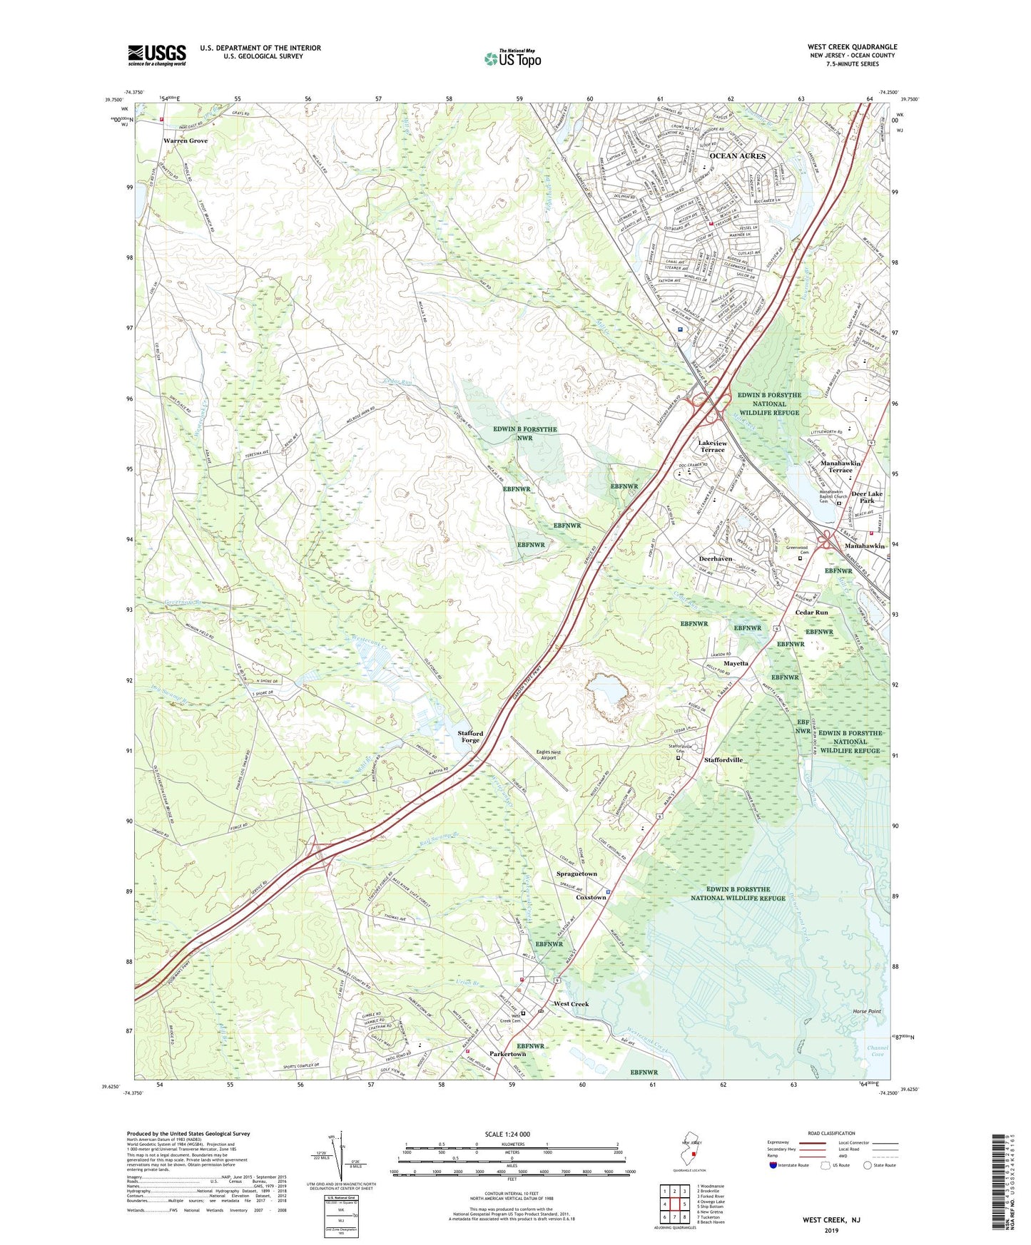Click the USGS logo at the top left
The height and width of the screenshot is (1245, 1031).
(x=157, y=55)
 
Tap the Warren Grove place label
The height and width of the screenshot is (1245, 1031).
(x=186, y=141)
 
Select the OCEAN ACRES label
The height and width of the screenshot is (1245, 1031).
(x=737, y=155)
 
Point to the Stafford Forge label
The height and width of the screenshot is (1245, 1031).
(x=470, y=737)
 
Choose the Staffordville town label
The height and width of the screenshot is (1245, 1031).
(x=723, y=760)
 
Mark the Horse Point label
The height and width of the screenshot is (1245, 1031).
(x=867, y=1012)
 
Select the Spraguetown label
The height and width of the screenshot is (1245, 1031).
(x=577, y=874)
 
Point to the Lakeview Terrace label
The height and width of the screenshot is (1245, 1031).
(x=712, y=446)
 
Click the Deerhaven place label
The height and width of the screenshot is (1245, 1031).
(x=715, y=559)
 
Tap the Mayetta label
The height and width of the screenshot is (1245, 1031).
(x=736, y=663)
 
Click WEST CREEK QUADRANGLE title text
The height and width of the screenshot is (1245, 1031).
(x=852, y=47)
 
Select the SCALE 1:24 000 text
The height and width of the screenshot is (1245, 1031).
(x=507, y=1134)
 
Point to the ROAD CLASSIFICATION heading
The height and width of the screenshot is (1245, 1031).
(x=831, y=1133)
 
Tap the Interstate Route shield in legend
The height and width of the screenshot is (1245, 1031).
(x=773, y=1165)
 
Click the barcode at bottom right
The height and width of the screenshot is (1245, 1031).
(x=1000, y=1184)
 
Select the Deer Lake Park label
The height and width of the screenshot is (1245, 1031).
(x=867, y=497)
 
